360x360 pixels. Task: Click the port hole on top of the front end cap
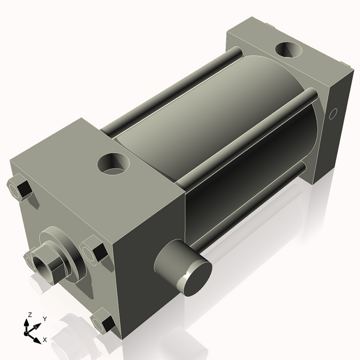(x=114, y=163)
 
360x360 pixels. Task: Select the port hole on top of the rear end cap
(x=289, y=50)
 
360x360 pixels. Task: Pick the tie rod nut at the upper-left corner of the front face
(x=21, y=188)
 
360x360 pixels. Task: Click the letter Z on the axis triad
(x=29, y=314)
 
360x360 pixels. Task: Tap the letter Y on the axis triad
(x=45, y=319)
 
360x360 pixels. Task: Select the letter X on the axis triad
(x=44, y=340)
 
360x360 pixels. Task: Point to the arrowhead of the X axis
(x=37, y=339)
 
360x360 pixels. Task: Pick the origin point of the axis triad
(x=29, y=331)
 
